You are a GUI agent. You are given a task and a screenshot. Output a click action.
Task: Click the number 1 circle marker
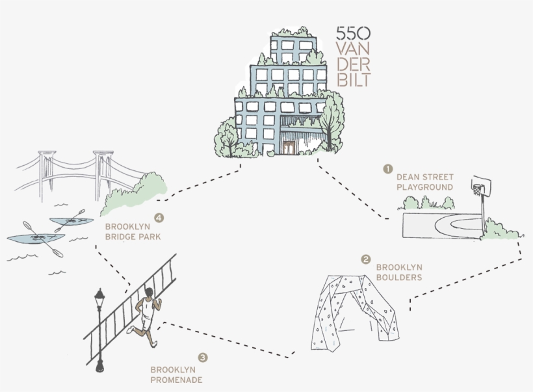388,169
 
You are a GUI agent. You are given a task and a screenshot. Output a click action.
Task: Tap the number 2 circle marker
366,259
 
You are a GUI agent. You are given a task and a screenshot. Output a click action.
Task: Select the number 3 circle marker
203,357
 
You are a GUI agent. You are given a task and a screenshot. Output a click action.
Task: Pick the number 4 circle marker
158,218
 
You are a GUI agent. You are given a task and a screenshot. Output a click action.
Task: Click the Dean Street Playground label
425,182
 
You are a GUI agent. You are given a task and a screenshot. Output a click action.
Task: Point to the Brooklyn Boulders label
399,272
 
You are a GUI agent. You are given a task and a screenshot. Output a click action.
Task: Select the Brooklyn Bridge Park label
133,231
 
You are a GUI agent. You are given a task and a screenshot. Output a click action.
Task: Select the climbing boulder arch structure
355,310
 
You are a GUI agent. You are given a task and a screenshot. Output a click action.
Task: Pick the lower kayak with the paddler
36,238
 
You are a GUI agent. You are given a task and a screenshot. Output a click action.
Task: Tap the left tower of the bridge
46,172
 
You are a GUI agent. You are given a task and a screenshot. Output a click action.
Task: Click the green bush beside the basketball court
499,229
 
